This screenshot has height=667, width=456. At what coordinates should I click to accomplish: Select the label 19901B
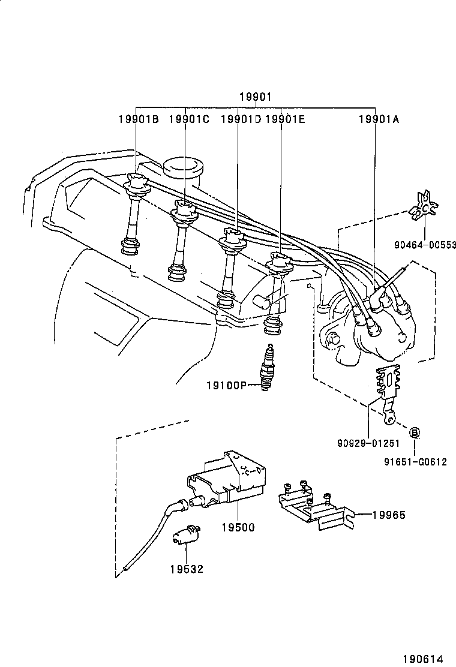point(138,119)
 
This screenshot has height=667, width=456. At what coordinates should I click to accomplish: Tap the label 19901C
point(188,119)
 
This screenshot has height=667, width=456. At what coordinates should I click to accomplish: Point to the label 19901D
point(240,119)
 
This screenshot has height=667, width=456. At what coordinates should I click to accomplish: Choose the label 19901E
point(284,119)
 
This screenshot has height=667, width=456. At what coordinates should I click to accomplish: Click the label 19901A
point(379,119)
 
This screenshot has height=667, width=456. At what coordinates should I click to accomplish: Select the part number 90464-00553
point(425,245)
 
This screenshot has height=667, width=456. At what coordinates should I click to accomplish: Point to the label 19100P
point(227,385)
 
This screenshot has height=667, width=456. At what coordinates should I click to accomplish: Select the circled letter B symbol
point(414,432)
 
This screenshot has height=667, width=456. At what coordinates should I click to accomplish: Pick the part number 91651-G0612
point(415,462)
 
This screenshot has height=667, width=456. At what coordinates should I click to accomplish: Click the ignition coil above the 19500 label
point(227,480)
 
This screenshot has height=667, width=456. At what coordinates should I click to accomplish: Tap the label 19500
point(238,528)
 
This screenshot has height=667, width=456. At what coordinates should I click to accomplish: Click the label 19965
point(388,515)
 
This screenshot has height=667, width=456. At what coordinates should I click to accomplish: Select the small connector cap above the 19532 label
point(186,533)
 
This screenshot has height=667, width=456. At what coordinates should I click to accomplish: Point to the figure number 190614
point(429,657)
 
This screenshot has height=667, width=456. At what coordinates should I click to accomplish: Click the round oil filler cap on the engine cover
point(184,167)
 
